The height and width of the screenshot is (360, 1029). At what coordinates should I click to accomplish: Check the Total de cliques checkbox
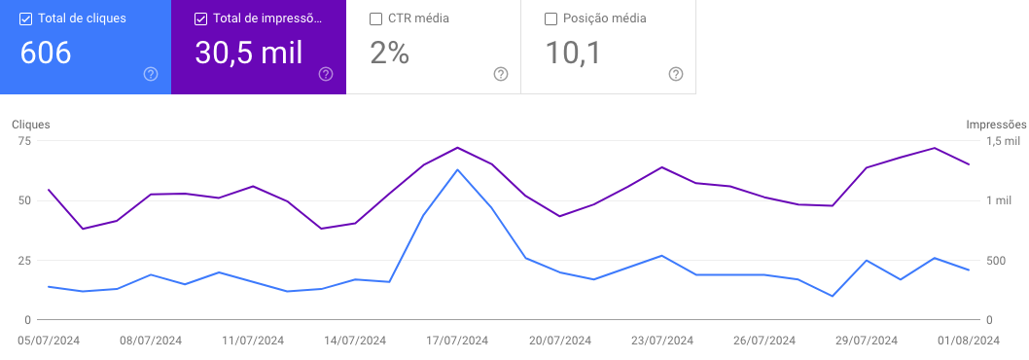25,18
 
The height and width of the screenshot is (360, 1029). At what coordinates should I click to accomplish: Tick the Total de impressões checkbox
200,18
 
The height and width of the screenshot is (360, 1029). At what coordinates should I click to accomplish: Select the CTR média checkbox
375,18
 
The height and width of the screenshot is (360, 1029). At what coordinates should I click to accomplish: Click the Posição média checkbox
550,18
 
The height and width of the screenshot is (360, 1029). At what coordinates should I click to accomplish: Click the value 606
46,53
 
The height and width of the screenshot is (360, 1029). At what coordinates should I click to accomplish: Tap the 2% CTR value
390,53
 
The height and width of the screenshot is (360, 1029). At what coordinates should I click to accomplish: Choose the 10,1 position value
574,53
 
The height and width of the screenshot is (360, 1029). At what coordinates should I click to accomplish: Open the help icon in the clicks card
151,74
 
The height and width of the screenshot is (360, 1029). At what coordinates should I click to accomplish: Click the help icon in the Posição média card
676,74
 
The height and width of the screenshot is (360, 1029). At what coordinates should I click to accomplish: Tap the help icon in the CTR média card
501,74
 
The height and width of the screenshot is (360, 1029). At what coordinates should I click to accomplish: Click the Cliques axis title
31,125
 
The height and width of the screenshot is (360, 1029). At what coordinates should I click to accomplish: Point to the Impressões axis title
996,125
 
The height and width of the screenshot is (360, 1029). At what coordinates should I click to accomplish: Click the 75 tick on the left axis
25,141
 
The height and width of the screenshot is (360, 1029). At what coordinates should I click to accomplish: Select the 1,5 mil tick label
1004,141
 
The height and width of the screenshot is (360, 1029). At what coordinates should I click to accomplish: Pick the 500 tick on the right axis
996,261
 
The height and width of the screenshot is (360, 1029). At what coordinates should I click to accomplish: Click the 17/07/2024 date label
457,341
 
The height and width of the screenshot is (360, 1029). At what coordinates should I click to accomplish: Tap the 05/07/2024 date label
49,341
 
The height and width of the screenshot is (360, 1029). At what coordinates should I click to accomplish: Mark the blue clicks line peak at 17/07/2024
457,169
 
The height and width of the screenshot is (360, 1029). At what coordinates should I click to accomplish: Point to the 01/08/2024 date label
968,341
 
